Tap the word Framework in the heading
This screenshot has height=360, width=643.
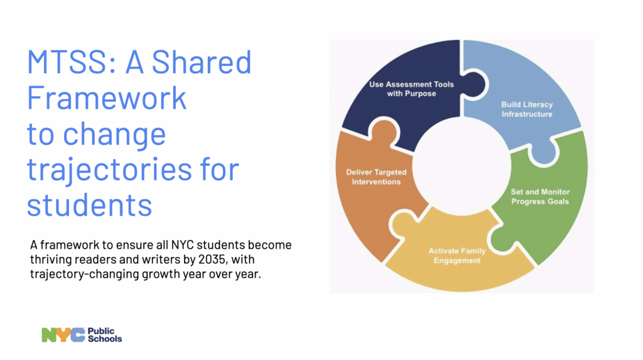point(107,98)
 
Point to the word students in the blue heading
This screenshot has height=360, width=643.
point(89,205)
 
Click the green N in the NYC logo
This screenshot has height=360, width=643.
point(49,335)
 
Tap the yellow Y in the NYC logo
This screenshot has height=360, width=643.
point(63,335)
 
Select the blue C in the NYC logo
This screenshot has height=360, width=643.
point(78,335)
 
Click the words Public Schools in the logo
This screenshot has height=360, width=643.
point(105,335)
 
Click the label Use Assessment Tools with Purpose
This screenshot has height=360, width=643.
point(411,89)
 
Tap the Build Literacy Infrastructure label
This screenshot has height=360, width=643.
point(527,109)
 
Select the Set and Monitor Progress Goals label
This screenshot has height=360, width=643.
point(540,197)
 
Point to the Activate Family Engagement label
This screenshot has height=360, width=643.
point(457,256)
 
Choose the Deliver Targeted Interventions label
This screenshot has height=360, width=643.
point(376,177)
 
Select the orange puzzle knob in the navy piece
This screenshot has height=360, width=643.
point(384,131)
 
